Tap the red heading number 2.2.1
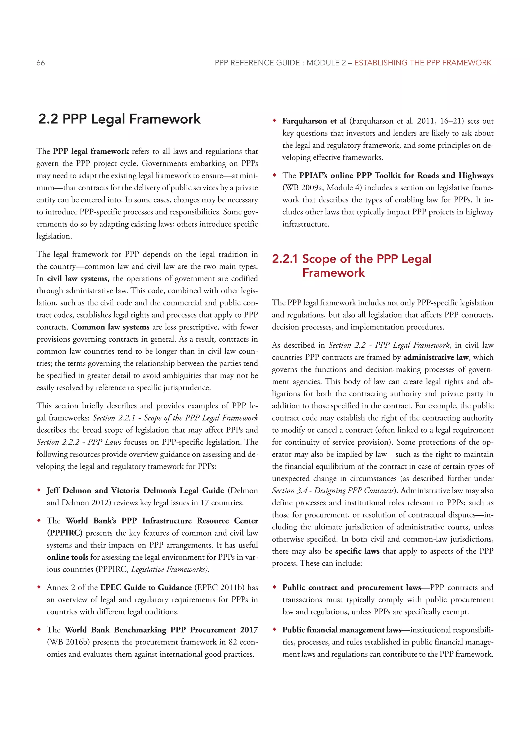pyautogui.click(x=285, y=259)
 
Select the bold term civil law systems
pyautogui.click(x=77, y=279)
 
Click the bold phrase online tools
pyautogui.click(x=67, y=557)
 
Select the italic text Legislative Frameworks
pyautogui.click(x=170, y=569)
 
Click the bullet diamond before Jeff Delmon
pyautogui.click(x=39, y=490)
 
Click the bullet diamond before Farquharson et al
pyautogui.click(x=275, y=121)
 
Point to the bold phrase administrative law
pyautogui.click(x=436, y=357)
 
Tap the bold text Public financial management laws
pyautogui.click(x=342, y=630)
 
